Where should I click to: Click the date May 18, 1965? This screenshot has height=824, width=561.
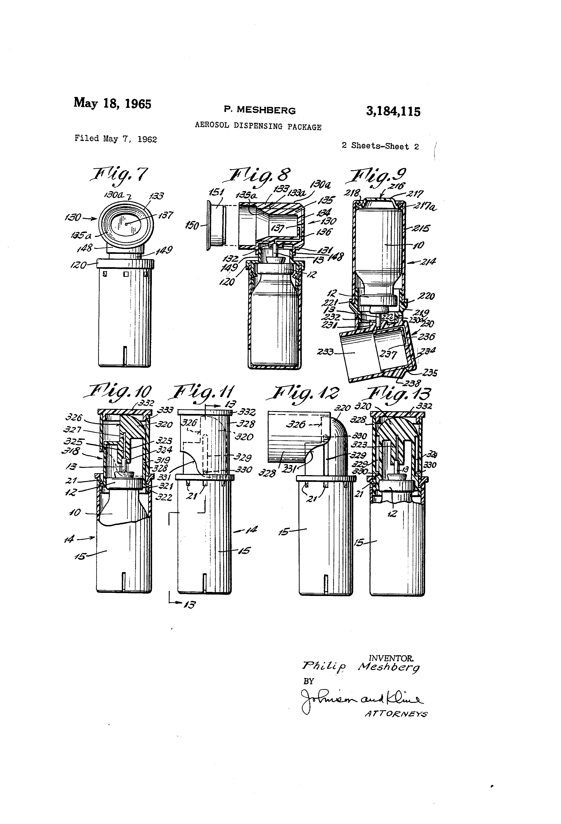coord(112,103)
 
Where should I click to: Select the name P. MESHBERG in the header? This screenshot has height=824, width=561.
coord(259,110)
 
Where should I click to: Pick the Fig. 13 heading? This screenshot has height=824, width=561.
coord(399,394)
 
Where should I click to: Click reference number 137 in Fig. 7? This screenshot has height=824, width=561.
coord(165,215)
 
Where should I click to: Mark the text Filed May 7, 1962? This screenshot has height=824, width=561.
coord(116,139)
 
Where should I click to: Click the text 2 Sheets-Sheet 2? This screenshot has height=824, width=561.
coord(380,146)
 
